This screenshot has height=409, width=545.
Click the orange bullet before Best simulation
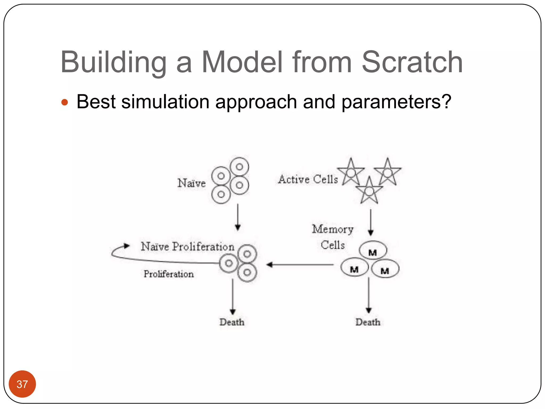click(x=65, y=102)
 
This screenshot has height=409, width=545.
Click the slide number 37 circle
click(x=22, y=384)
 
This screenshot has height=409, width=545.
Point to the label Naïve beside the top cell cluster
click(x=191, y=183)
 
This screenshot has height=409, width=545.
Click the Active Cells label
click(x=308, y=179)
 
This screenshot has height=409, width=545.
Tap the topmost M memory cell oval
click(x=373, y=250)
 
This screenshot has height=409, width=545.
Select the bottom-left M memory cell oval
click(x=354, y=267)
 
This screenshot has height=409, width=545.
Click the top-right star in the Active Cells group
click(x=387, y=172)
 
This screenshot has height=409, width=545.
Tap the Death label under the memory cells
click(x=368, y=322)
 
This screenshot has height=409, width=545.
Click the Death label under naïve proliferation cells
click(x=232, y=322)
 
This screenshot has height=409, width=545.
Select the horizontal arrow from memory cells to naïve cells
click(x=299, y=265)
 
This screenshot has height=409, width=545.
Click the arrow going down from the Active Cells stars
click(x=371, y=222)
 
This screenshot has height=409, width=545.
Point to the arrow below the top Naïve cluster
click(x=238, y=217)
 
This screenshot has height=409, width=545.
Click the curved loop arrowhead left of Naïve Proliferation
click(x=126, y=246)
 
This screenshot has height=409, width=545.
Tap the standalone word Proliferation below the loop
click(x=168, y=274)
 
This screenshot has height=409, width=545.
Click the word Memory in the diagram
click(x=333, y=229)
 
